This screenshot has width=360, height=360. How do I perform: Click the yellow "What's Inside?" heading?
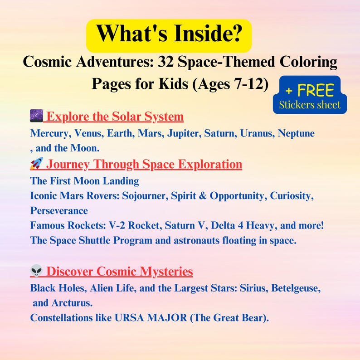(x=169, y=34)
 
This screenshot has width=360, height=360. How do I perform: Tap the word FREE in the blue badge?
(x=316, y=91)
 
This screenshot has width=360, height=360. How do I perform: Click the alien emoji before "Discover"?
(x=36, y=271)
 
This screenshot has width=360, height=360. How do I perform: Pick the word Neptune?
(x=296, y=134)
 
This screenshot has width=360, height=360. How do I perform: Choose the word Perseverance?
(x=59, y=210)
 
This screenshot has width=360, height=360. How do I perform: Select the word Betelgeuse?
(x=296, y=288)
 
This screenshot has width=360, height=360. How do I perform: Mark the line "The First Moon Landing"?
(x=84, y=181)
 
